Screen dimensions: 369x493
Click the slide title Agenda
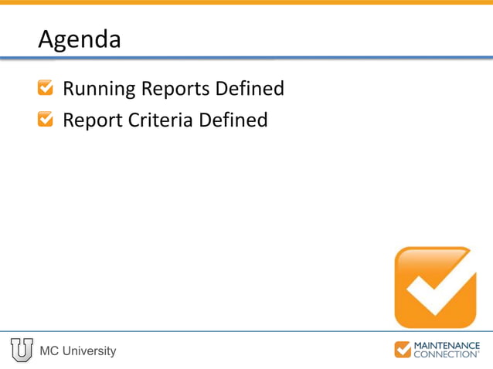click(x=80, y=40)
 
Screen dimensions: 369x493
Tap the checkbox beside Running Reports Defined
click(x=46, y=89)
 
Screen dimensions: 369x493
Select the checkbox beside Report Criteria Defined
click(x=46, y=120)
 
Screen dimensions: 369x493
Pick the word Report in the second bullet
click(x=88, y=120)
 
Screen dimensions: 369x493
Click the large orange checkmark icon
click(x=434, y=286)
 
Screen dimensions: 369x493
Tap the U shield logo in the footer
click(x=22, y=350)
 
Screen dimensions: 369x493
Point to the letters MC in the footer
click(x=49, y=351)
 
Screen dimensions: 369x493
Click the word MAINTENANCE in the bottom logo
click(x=447, y=345)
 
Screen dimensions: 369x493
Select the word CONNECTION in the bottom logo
click(x=446, y=354)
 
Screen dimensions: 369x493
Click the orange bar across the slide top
click(x=246, y=2)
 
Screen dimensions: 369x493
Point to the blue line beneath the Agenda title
click(x=246, y=57)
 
